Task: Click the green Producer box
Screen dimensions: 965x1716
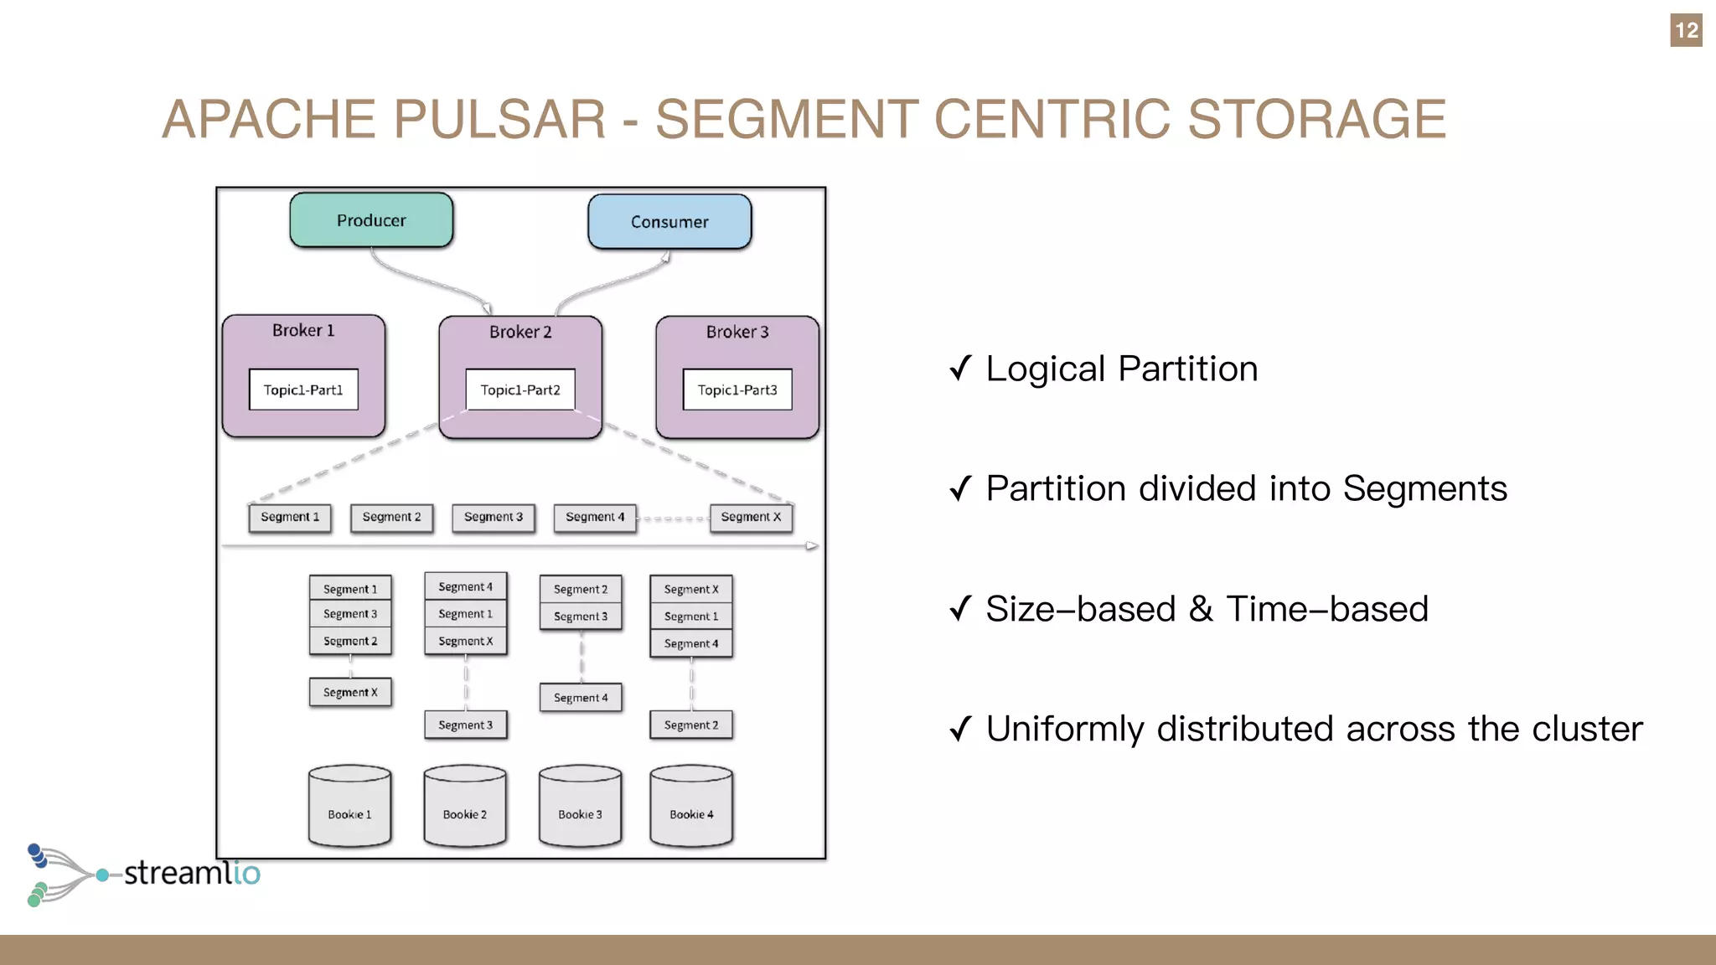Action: click(x=371, y=220)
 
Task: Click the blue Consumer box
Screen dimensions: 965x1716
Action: click(x=669, y=222)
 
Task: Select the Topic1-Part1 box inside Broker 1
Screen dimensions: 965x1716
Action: click(x=303, y=390)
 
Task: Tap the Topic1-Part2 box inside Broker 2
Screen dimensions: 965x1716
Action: click(x=520, y=390)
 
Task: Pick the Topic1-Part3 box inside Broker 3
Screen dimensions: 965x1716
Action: click(x=737, y=390)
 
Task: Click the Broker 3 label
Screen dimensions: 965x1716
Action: click(x=737, y=332)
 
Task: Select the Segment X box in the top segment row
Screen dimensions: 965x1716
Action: click(x=751, y=517)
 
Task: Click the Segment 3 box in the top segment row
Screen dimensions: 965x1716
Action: click(x=494, y=517)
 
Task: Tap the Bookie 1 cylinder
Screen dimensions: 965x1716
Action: click(x=349, y=806)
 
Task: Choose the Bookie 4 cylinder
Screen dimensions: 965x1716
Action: click(x=691, y=806)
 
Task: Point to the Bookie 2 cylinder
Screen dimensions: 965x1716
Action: click(x=465, y=806)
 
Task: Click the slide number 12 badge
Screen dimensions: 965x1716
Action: click(x=1686, y=31)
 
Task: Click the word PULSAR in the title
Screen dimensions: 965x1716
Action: click(x=499, y=119)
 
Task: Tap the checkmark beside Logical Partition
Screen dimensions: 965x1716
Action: click(x=960, y=368)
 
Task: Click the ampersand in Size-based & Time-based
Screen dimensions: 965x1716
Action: click(x=1201, y=609)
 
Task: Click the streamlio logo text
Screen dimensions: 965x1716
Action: click(x=192, y=873)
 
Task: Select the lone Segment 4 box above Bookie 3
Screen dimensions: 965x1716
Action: click(x=581, y=698)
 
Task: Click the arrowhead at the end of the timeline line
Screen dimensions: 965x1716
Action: click(x=812, y=546)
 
